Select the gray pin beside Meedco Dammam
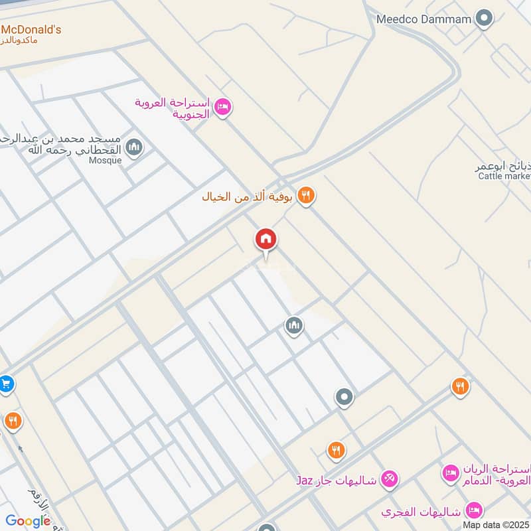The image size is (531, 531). coord(485,19)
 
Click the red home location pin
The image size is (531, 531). coord(266,240)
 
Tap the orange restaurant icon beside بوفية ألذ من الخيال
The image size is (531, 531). coord(305,195)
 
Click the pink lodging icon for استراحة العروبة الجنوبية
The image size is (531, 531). coord(222,106)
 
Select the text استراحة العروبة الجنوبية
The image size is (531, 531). coord(173,108)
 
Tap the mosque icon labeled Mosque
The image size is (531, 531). coord(134,147)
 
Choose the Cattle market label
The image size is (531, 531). coord(504,176)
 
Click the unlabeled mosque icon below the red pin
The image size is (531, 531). coord(294,325)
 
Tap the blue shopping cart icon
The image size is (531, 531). coord(6,384)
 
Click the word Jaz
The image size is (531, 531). coord(304,479)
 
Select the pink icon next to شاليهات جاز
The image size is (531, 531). coord(390,478)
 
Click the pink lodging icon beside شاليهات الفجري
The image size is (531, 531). coord(474,510)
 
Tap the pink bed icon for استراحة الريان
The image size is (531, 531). coord(450,473)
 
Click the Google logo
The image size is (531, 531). coord(28,521)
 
